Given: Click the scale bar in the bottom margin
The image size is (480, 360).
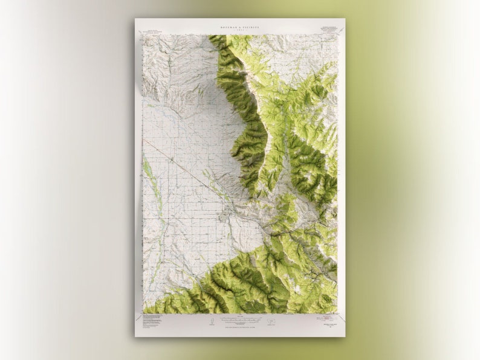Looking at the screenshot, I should (240, 318).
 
